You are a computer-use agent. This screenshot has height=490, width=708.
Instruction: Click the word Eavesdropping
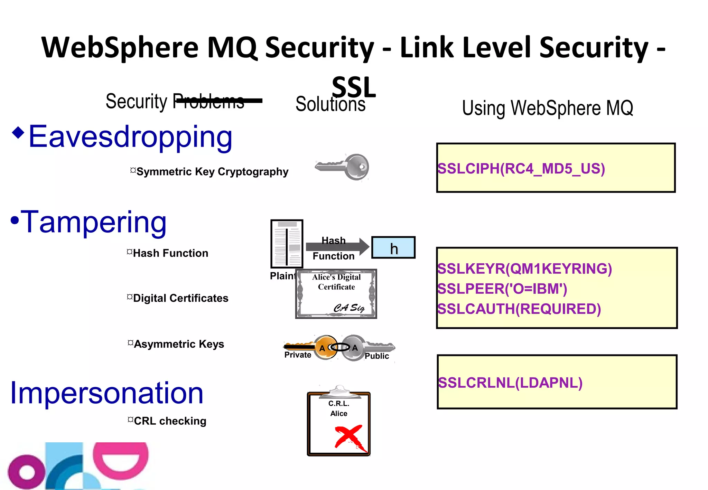[130, 137]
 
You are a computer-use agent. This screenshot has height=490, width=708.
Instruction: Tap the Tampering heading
[93, 222]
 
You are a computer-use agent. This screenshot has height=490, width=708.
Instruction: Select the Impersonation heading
[106, 393]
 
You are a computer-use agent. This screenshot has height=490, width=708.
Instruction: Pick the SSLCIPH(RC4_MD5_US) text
[521, 169]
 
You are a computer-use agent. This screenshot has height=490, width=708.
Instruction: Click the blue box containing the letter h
[393, 247]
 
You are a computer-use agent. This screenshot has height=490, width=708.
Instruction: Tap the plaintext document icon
[287, 244]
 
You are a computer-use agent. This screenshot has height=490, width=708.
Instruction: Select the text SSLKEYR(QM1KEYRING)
[524, 269]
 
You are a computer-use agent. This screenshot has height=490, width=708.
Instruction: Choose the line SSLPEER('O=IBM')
[502, 289]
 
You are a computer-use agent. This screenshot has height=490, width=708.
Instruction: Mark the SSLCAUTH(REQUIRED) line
[519, 309]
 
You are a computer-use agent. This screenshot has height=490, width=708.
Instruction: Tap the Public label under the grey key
[376, 356]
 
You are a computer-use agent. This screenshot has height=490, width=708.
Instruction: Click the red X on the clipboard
[350, 437]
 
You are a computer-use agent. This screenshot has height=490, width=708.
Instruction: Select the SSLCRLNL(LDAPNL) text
[510, 383]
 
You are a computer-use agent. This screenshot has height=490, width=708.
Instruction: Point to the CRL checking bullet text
[170, 421]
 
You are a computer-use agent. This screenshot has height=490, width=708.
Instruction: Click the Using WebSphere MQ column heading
[547, 108]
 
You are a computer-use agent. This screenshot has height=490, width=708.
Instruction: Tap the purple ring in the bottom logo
[26, 472]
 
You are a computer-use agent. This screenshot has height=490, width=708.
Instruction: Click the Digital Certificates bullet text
[180, 298]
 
